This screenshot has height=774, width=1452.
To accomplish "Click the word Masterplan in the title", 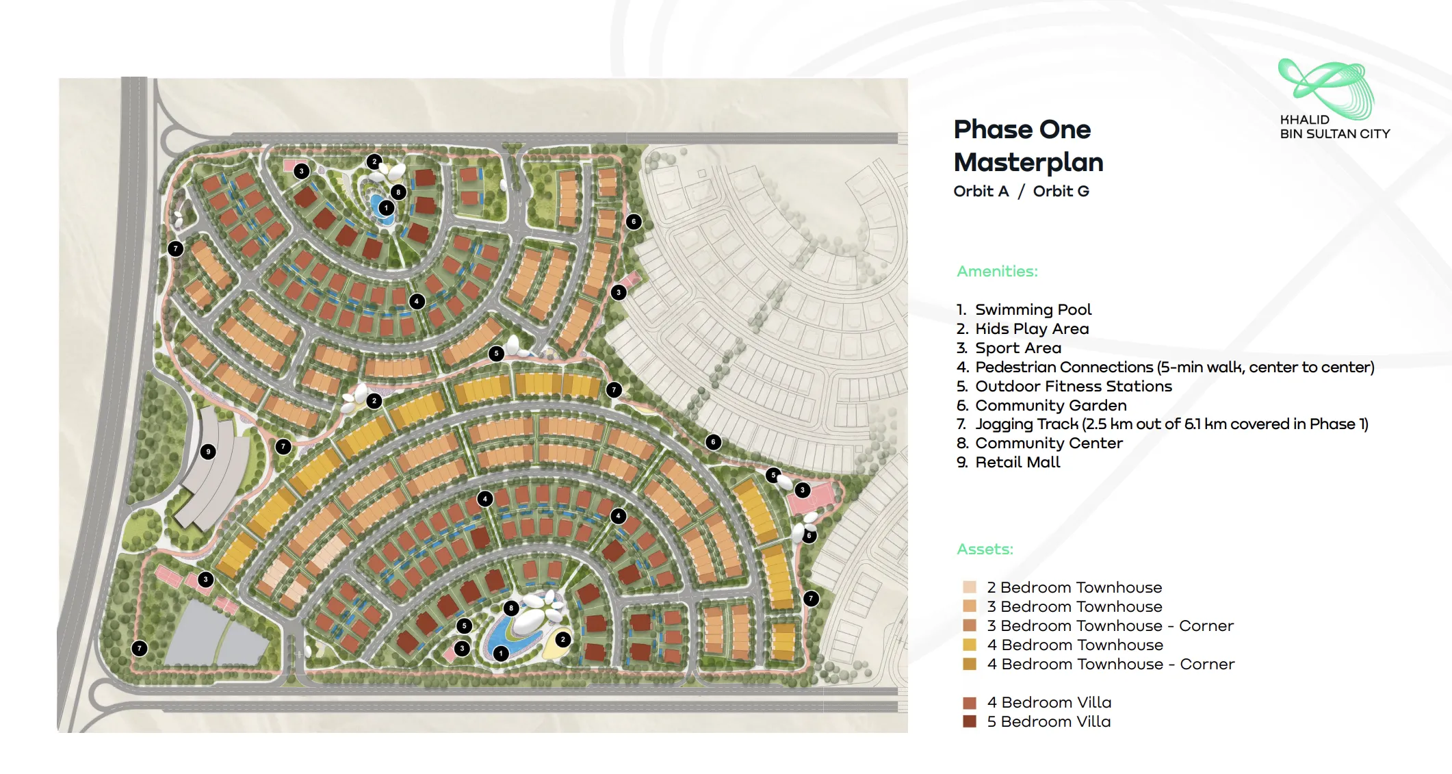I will click(x=1028, y=162).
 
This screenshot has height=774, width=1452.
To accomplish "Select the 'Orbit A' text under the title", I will click(x=981, y=192).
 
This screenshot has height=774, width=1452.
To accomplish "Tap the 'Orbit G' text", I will click(x=1061, y=192).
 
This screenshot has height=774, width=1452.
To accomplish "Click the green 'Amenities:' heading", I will click(x=997, y=272).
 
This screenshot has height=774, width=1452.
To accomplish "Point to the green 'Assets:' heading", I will click(x=985, y=550).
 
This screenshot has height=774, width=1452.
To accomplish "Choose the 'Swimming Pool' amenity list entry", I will click(x=1033, y=310).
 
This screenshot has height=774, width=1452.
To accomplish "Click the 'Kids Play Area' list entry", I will click(x=1031, y=329).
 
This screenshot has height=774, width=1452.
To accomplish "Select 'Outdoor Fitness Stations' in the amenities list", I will click(x=1073, y=387).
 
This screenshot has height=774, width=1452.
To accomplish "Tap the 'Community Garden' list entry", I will click(x=1050, y=406).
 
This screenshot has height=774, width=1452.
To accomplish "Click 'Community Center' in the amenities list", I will click(x=1048, y=443).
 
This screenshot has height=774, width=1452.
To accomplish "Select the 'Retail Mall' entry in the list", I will click(x=1017, y=463).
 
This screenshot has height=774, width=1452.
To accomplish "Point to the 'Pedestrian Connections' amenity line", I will click(x=1174, y=367).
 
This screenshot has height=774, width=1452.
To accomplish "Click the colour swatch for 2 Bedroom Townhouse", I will click(x=969, y=587).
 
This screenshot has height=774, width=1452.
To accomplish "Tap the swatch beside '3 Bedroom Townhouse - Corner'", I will click(x=969, y=625).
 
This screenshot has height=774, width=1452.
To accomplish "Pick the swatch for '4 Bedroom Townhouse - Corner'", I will click(x=969, y=664).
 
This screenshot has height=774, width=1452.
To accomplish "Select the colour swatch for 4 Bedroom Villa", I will click(x=969, y=703).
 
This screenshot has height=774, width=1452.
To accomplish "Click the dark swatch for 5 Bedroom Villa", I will click(x=969, y=721).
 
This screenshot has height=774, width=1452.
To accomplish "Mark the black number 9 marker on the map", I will click(x=208, y=452).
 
